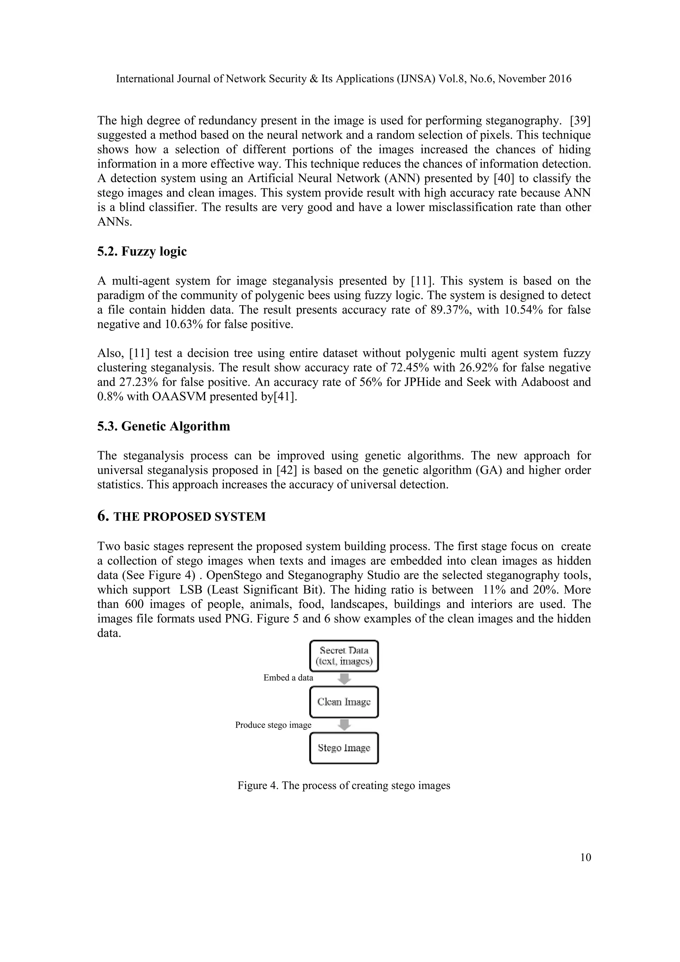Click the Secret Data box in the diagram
(x=344, y=656)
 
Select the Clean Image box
(x=344, y=702)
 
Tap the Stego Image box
(x=344, y=748)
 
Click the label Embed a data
(x=288, y=678)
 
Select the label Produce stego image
(x=273, y=725)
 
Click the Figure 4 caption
(x=344, y=786)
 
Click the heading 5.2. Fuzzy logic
(x=142, y=251)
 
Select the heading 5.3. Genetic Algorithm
(x=164, y=426)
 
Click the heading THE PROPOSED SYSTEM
(x=189, y=517)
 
